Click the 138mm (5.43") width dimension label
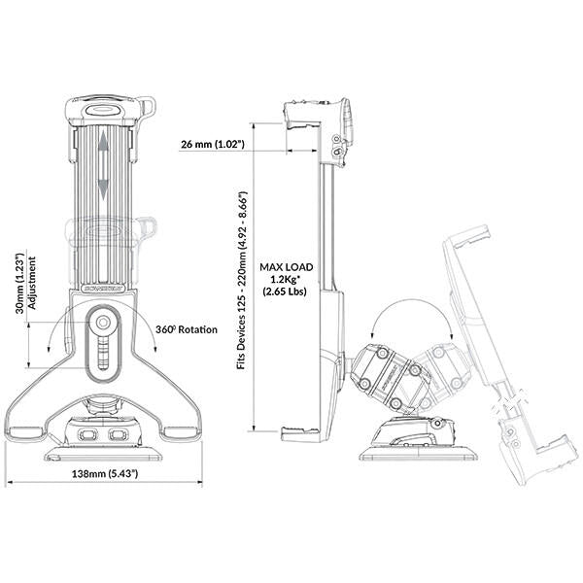click(x=105, y=474)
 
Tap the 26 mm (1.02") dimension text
click(x=213, y=144)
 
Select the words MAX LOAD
click(x=287, y=267)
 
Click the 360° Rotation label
click(x=187, y=329)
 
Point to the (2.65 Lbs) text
click(x=285, y=291)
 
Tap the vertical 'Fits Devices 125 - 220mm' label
click(x=242, y=281)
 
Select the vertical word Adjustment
click(x=32, y=283)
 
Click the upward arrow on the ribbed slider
click(x=103, y=146)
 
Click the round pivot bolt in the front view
click(x=103, y=323)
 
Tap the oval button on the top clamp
click(x=103, y=110)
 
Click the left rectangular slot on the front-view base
click(x=87, y=434)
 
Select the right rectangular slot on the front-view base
click(x=118, y=434)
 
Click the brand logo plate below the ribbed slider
click(x=103, y=289)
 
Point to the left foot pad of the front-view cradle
click(x=26, y=432)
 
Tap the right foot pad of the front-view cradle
click(x=181, y=432)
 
